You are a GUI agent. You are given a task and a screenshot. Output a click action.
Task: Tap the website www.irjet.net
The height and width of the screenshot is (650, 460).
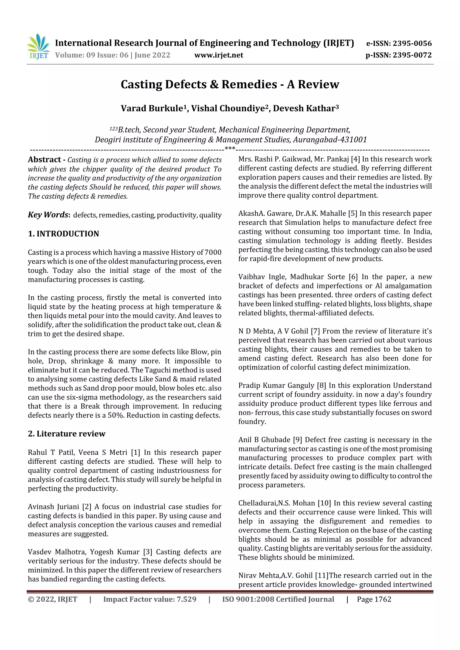click(x=219, y=55)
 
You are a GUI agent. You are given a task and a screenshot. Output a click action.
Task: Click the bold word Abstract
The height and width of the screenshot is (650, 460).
click(x=44, y=160)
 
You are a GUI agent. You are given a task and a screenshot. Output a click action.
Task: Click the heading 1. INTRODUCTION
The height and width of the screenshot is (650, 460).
click(x=64, y=234)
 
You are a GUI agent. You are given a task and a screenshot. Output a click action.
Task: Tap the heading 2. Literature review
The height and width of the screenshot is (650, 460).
click(x=67, y=434)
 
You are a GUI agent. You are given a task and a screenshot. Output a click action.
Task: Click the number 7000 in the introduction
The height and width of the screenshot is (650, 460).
click(x=213, y=252)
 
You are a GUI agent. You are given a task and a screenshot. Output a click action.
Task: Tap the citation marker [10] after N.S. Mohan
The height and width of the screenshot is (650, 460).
click(x=324, y=503)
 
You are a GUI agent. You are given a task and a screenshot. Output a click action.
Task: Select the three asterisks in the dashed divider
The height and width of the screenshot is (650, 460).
click(x=230, y=149)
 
